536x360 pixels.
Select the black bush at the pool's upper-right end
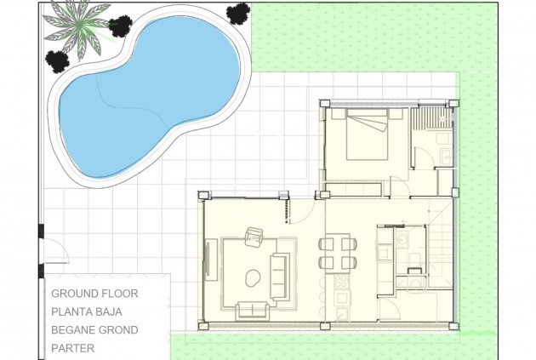238,14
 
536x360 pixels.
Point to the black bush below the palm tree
57,60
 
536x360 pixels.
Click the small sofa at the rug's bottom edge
251,310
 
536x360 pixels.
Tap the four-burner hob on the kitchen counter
339,280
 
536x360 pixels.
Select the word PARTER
73,347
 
